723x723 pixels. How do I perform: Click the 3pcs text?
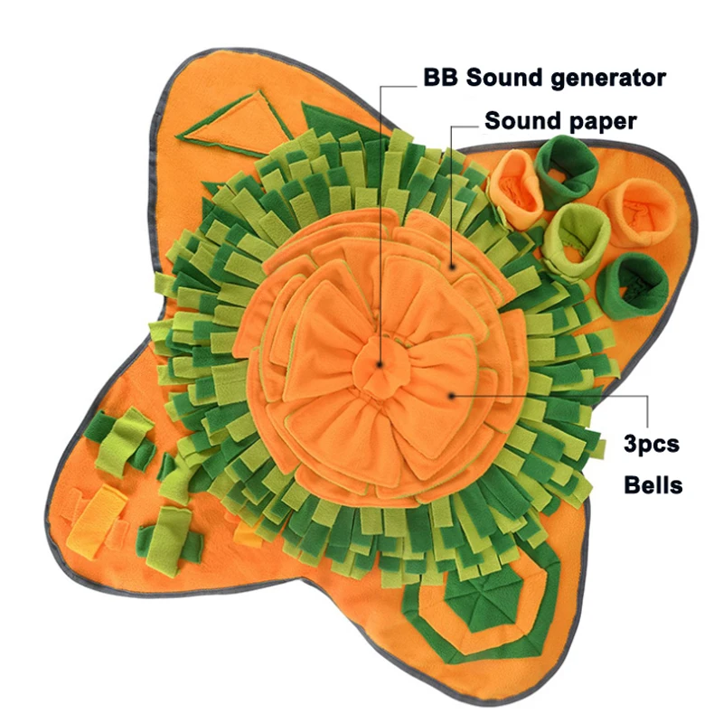pyautogui.click(x=651, y=444)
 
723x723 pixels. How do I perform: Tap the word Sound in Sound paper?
pyautogui.click(x=522, y=120)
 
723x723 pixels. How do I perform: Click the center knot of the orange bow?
pyautogui.click(x=378, y=367)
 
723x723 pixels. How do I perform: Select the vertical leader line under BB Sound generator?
pyautogui.click(x=380, y=226)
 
